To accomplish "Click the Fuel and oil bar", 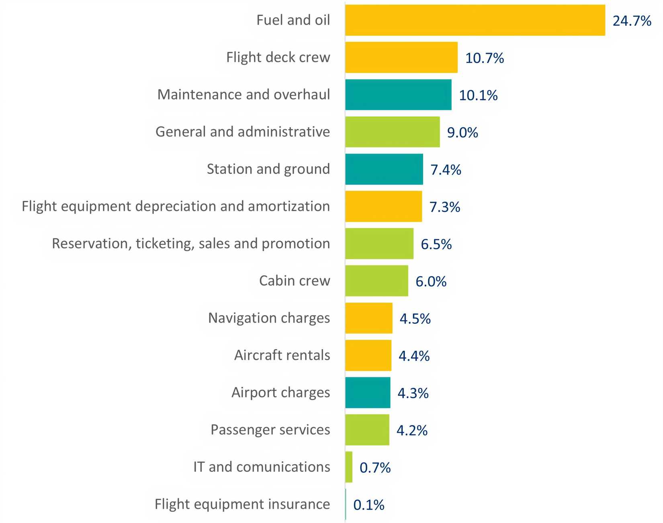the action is tap(475, 20).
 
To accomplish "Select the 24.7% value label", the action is tap(632, 21).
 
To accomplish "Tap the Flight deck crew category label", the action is tap(278, 57).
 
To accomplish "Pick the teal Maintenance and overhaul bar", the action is tap(398, 95).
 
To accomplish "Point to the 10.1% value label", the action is tap(478, 96).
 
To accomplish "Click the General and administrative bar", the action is tap(392, 132).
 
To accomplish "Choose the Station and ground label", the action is tap(268, 169).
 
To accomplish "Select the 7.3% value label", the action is tap(445, 207).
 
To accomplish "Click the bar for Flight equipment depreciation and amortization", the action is tap(383, 206).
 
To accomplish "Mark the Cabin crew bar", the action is tap(377, 281).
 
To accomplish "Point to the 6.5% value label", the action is tap(436, 244).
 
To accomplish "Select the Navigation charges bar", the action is tap(368, 318).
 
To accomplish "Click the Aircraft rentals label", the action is tap(282, 355).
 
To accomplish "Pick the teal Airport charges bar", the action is tap(368, 393).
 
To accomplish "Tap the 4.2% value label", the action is tap(412, 431).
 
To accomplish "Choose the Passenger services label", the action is tap(270, 430).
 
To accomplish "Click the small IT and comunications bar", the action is tap(349, 467).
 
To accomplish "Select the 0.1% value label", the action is tap(369, 505).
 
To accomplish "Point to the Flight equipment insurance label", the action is tap(242, 504).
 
